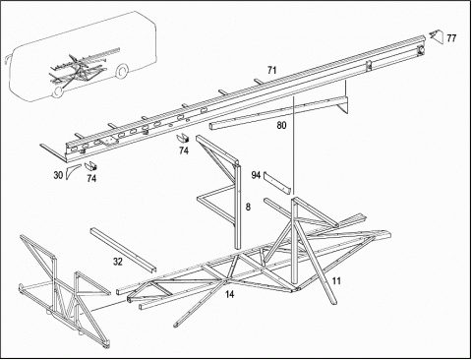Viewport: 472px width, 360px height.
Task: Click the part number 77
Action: tap(451, 38)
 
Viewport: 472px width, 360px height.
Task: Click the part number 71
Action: tap(271, 70)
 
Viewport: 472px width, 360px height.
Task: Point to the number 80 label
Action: tap(281, 125)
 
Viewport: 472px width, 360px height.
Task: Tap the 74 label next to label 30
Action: tap(91, 179)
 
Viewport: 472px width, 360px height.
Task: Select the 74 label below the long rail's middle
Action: tap(184, 150)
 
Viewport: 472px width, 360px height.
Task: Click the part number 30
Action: tap(58, 175)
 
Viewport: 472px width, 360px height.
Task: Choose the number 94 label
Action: tap(256, 175)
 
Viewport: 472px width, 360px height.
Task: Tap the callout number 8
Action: tap(248, 207)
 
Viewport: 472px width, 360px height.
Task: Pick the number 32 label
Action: tap(118, 262)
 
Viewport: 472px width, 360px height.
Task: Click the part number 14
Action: tap(229, 294)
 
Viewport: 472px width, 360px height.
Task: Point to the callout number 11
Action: tap(336, 281)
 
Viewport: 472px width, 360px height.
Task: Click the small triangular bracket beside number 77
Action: tap(437, 35)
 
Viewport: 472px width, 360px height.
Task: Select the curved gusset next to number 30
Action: tap(72, 171)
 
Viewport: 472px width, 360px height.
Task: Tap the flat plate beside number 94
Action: tap(277, 182)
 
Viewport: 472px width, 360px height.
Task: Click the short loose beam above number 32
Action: tap(123, 250)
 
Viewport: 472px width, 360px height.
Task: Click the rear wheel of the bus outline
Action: tap(122, 72)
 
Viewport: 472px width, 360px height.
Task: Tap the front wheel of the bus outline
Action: tap(58, 91)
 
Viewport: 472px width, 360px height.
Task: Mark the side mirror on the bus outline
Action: tap(6, 61)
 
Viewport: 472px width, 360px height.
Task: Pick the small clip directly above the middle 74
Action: tap(184, 139)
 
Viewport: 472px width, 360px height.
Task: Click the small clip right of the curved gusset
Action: tap(90, 166)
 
